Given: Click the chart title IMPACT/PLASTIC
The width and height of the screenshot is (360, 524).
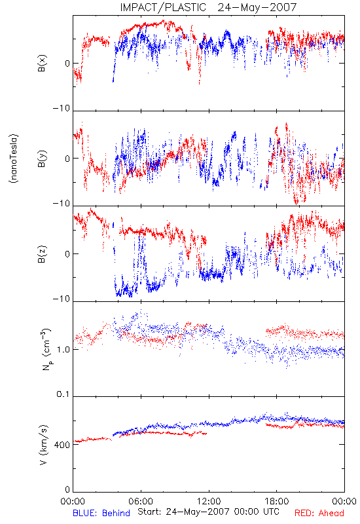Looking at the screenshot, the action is pos(163,7).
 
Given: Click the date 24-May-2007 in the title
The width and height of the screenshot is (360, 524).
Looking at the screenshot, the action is pos(257,7).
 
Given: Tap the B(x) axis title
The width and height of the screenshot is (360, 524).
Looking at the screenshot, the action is pos(42,63).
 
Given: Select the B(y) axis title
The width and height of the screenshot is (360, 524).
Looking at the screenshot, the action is pos(42,159).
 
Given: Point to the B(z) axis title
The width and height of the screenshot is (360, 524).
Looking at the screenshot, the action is pos(42,254).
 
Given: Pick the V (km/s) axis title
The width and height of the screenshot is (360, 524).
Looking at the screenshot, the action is pos(43,445).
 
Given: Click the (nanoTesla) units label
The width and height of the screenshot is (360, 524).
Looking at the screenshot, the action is pos(14,159).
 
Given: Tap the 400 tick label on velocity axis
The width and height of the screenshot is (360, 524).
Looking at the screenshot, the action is pos(62,445).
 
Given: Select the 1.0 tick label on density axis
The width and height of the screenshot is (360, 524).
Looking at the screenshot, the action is pos(63,350).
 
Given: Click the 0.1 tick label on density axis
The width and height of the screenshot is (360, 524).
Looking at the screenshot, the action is pos(63,394).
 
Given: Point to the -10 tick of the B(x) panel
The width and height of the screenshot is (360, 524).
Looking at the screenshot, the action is pos(62,108).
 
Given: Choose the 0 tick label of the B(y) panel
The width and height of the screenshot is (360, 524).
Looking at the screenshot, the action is pos(67,159).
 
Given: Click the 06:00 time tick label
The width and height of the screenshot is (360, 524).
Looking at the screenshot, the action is pos(141,501).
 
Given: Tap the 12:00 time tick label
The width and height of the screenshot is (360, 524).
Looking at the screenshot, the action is pos(209,501).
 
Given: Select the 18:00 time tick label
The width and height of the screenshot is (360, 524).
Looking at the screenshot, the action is pos(277,501).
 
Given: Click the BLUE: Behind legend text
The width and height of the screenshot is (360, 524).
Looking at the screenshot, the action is pos(101,513).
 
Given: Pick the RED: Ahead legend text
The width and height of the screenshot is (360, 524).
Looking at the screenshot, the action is pos(319,513).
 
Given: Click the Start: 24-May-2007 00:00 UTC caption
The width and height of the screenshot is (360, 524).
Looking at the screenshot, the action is pos(208,512).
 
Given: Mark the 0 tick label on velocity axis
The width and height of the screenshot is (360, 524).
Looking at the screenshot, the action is pos(67,490).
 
